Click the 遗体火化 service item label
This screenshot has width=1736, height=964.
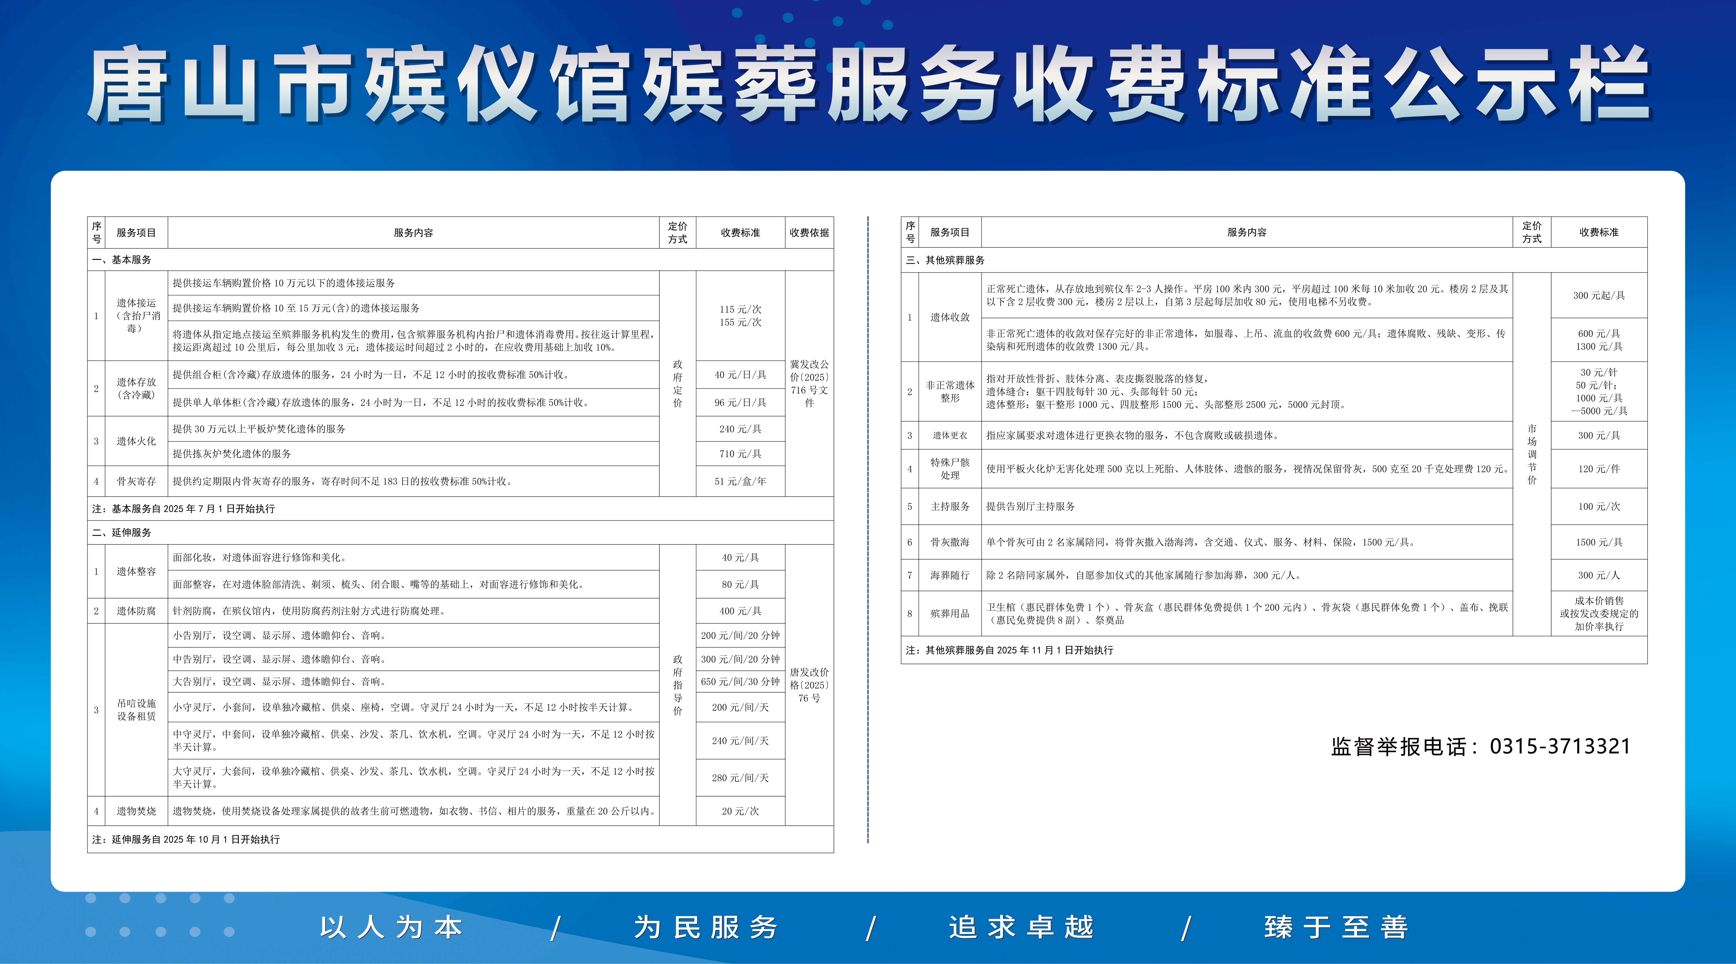tap(136, 441)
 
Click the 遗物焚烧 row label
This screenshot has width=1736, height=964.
tap(136, 811)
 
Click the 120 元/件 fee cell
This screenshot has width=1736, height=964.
tap(1599, 469)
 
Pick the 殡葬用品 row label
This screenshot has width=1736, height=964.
tap(950, 614)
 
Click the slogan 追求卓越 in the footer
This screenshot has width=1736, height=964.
tap(1021, 928)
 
